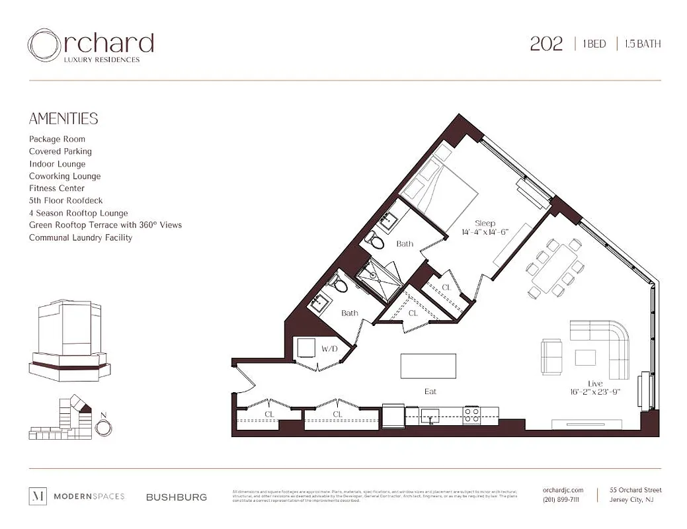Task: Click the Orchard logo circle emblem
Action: click(44, 44)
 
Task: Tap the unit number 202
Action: click(546, 44)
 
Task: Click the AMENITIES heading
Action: click(63, 119)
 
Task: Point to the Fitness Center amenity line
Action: click(57, 188)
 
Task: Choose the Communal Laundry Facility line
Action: click(81, 237)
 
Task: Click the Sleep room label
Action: click(485, 224)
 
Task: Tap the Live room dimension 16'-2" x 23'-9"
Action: click(594, 391)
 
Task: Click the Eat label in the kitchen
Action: click(430, 391)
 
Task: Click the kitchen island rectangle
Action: click(428, 365)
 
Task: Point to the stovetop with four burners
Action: click(471, 415)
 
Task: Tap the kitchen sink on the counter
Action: click(431, 415)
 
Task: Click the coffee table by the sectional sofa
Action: click(585, 357)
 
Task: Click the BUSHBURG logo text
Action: click(177, 497)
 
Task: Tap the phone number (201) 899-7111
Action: click(561, 500)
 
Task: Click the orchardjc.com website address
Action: click(563, 490)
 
